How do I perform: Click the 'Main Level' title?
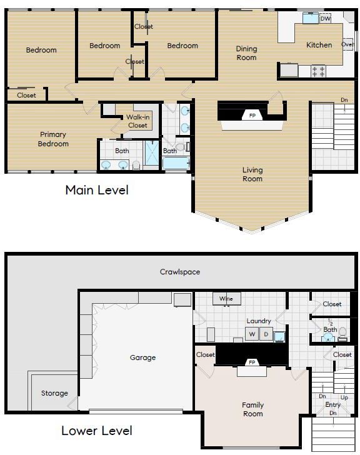tap(97, 191)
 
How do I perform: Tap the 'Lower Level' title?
tap(97, 431)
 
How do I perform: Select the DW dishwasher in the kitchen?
tap(326, 19)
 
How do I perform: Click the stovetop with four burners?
tap(318, 71)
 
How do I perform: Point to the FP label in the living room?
tap(252, 116)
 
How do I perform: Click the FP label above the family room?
tap(252, 362)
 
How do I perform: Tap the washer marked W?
tap(252, 334)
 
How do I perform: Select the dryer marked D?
tap(266, 334)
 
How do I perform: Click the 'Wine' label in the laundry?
tap(226, 298)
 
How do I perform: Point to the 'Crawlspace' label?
tap(180, 272)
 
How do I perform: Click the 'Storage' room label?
tap(54, 393)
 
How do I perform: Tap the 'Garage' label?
tap(142, 357)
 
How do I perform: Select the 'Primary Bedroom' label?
tap(53, 139)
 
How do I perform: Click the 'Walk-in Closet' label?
tap(137, 121)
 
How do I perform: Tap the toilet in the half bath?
tap(342, 334)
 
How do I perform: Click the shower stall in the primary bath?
tap(152, 153)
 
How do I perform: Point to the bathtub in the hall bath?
tap(176, 163)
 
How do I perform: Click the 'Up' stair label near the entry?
tap(344, 397)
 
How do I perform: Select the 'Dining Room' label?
tap(246, 53)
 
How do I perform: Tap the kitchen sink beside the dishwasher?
tap(311, 18)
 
